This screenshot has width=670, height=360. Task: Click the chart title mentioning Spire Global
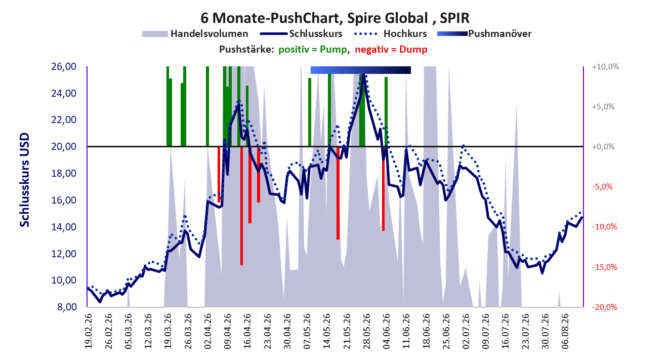click(x=334, y=18)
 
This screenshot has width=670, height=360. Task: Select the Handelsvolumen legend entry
click(x=195, y=33)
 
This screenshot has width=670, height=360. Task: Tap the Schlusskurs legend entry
click(x=301, y=33)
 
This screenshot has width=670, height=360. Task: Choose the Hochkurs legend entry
click(x=390, y=33)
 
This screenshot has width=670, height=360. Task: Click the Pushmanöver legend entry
click(x=484, y=33)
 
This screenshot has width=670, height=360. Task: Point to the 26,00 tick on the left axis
click(x=64, y=66)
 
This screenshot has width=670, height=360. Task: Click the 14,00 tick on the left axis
click(x=64, y=227)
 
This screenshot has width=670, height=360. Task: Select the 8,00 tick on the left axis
click(x=66, y=307)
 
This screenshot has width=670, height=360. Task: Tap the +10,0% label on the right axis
click(x=605, y=66)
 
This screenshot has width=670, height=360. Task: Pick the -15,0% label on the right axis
click(x=605, y=267)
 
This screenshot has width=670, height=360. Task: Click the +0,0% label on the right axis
click(x=603, y=147)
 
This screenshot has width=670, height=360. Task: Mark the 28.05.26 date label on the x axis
click(x=366, y=331)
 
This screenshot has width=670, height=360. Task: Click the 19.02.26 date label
click(x=88, y=331)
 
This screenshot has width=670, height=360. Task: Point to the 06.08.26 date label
click(x=565, y=331)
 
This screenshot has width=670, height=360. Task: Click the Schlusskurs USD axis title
click(x=24, y=180)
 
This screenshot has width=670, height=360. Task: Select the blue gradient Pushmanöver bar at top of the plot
click(x=361, y=70)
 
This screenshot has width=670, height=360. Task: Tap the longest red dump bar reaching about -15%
click(x=241, y=206)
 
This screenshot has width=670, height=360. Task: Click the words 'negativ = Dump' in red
click(x=391, y=50)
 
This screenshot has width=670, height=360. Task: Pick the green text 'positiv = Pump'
click(x=313, y=50)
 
